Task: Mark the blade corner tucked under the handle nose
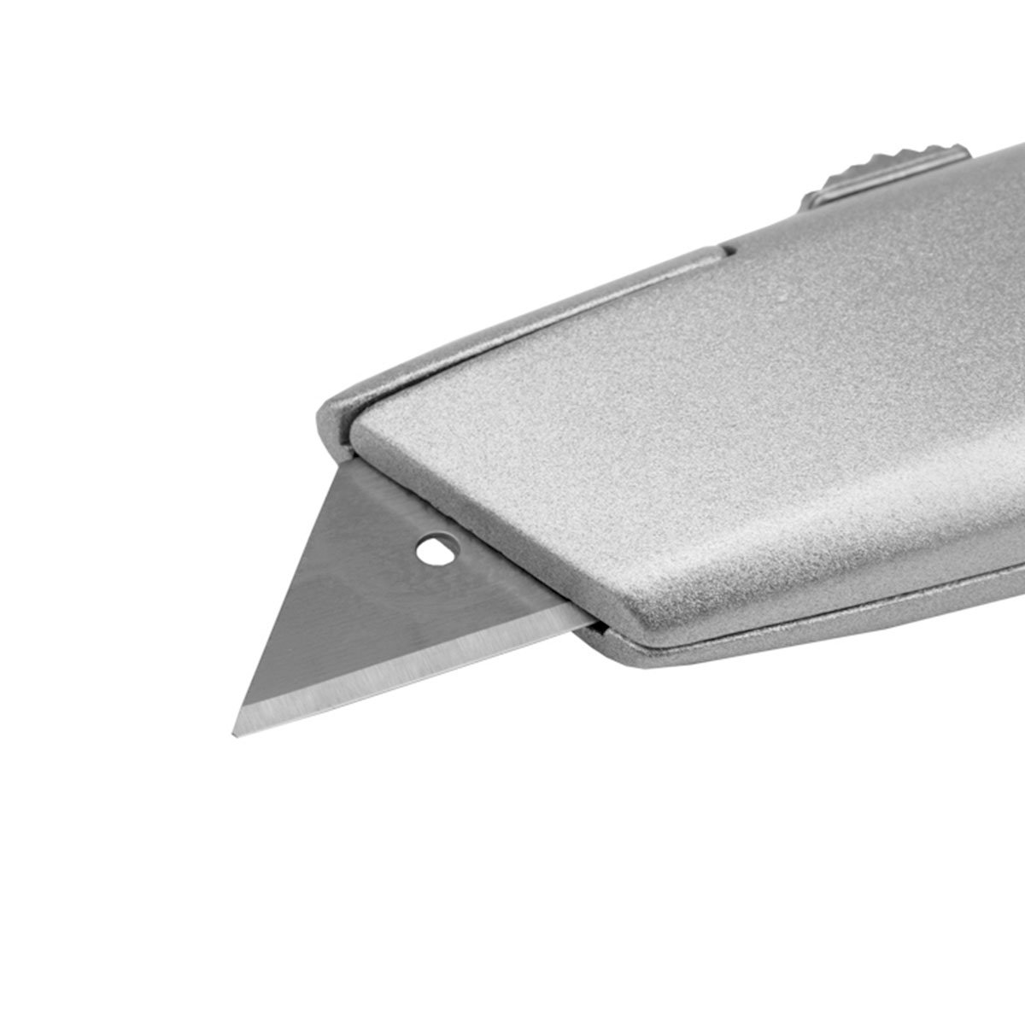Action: pos(352,466)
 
